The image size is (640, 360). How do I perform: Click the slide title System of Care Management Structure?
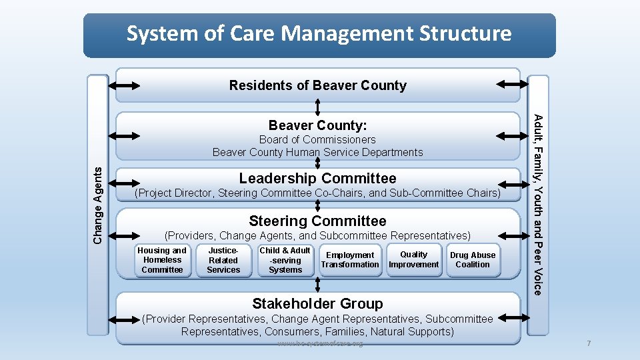(319, 33)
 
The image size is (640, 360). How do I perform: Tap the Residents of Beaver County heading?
(317, 85)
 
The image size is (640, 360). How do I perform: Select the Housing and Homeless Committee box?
(162, 260)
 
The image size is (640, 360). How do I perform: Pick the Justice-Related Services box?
(223, 260)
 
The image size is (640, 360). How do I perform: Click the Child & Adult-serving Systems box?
(285, 260)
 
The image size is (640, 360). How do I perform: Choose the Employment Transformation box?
(349, 259)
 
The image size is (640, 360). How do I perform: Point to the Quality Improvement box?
(413, 259)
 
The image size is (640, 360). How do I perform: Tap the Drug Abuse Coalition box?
(473, 259)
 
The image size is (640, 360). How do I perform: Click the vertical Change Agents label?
(98, 205)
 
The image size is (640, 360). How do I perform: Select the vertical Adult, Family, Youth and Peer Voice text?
(538, 204)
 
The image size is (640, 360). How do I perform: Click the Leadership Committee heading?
(317, 178)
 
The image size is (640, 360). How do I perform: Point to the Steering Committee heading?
(317, 221)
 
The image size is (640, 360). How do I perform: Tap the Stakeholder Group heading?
(317, 303)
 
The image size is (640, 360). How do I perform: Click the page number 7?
(589, 343)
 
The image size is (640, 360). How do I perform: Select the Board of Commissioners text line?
(317, 139)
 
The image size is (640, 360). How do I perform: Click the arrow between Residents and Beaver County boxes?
(318, 107)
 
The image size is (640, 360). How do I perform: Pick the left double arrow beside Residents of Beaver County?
(124, 85)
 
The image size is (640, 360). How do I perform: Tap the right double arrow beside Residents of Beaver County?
(512, 84)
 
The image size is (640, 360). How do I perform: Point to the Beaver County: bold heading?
(317, 125)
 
